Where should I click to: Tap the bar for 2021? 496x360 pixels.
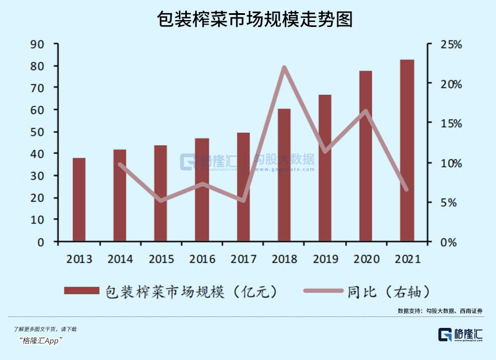click(x=407, y=150)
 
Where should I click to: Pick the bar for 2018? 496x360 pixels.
click(x=284, y=175)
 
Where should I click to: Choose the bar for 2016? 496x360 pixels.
click(x=202, y=190)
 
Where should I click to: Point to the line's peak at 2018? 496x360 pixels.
click(x=284, y=68)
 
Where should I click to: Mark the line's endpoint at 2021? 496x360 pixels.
click(x=407, y=189)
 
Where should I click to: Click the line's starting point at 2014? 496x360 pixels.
click(x=120, y=165)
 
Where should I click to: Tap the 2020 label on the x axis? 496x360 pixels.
click(x=366, y=259)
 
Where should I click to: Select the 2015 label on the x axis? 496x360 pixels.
click(x=161, y=259)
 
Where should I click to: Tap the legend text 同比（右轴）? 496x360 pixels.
click(x=388, y=291)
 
